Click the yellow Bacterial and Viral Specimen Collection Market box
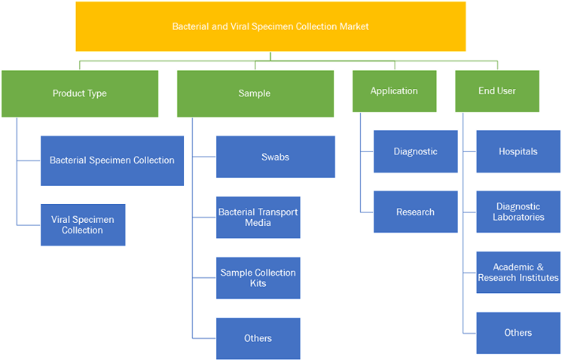click(x=270, y=26)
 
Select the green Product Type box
click(x=80, y=93)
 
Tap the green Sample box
click(x=255, y=93)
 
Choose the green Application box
click(x=395, y=91)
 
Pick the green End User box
click(x=497, y=91)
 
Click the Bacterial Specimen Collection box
click(x=112, y=160)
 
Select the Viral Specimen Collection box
click(x=83, y=225)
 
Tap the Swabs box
click(x=276, y=157)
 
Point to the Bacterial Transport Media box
click(x=258, y=218)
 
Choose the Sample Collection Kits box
click(x=258, y=278)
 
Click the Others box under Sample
click(x=258, y=338)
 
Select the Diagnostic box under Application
click(x=415, y=151)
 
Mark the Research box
click(x=415, y=212)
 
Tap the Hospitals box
click(x=518, y=151)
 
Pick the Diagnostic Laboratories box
click(x=518, y=212)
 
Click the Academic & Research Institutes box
click(x=518, y=273)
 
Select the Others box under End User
click(x=518, y=333)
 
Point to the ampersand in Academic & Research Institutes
click(x=540, y=267)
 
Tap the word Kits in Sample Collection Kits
click(x=258, y=283)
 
